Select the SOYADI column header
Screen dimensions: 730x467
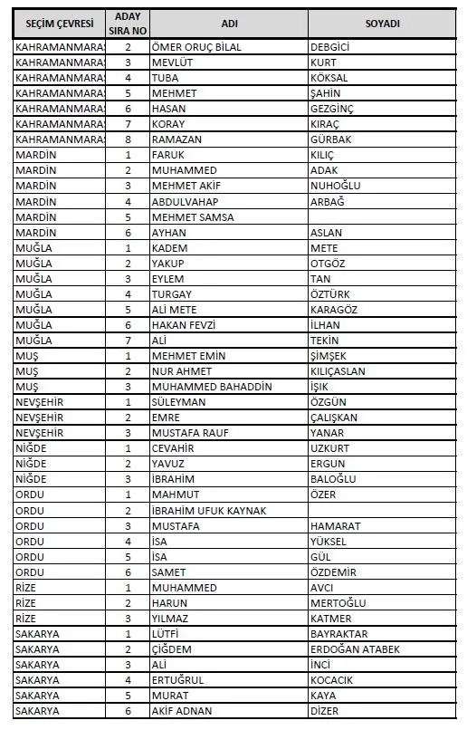tap(382, 23)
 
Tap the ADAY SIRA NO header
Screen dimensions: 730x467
tap(128, 23)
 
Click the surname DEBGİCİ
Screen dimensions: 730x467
tap(330, 47)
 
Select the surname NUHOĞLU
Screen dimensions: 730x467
tap(335, 186)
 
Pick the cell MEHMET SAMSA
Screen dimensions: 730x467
tap(193, 216)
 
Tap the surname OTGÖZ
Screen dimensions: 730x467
tap(328, 264)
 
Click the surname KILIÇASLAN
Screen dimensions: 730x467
tap(338, 371)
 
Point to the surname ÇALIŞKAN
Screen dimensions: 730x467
tap(334, 418)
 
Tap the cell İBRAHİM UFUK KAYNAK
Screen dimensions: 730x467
tap(209, 511)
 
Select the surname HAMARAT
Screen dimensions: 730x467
tap(335, 526)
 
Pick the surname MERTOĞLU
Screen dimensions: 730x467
tap(338, 603)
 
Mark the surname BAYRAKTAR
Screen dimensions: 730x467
tap(339, 634)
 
